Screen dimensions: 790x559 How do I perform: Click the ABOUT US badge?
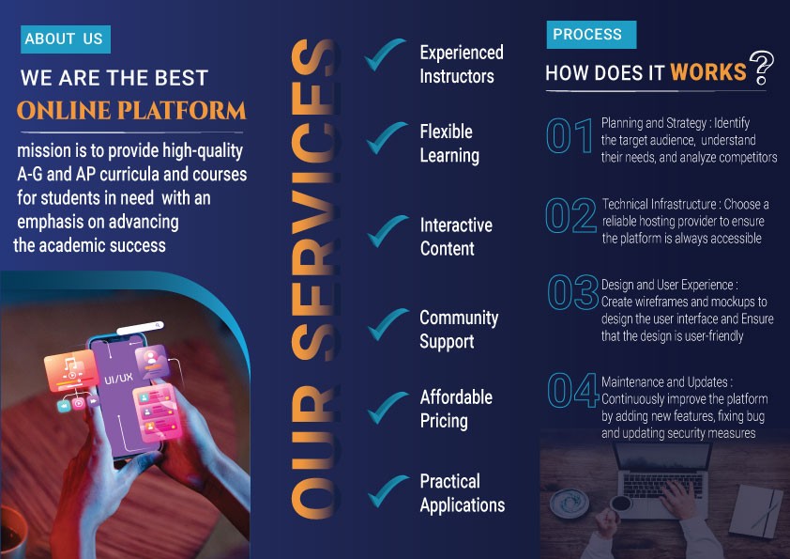pyautogui.click(x=66, y=39)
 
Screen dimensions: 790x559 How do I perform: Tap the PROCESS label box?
pyautogui.click(x=591, y=35)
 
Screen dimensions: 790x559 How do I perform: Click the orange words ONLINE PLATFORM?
pyautogui.click(x=131, y=111)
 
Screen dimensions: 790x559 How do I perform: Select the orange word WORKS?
pyautogui.click(x=707, y=72)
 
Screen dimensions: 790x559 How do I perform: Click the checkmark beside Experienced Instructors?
pyautogui.click(x=385, y=54)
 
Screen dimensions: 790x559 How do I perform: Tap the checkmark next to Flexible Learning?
pyautogui.click(x=387, y=137)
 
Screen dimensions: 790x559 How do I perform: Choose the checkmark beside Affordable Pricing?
pyautogui.click(x=387, y=408)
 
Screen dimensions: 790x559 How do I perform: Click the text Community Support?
pyautogui.click(x=459, y=330)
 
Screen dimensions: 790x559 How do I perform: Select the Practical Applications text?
pyautogui.click(x=463, y=493)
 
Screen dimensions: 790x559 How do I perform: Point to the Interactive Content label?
pyautogui.click(x=456, y=237)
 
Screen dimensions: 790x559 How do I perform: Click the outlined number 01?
pyautogui.click(x=570, y=135)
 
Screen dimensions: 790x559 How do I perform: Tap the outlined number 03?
pyautogui.click(x=573, y=292)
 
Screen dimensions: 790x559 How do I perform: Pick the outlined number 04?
pyautogui.click(x=573, y=390)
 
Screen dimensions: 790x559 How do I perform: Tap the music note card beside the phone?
pyautogui.click(x=70, y=371)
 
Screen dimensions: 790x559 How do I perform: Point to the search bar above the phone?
pyautogui.click(x=140, y=328)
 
